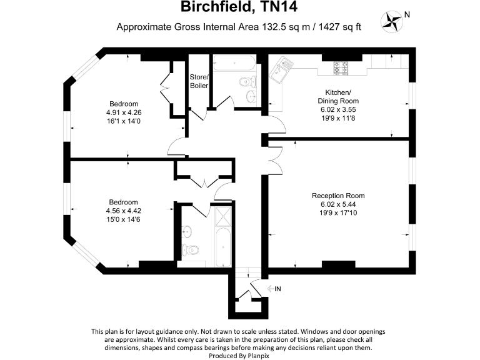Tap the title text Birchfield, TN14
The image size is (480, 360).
pyautogui.click(x=239, y=7)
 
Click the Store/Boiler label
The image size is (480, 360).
pyautogui.click(x=199, y=81)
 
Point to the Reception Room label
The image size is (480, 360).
pyautogui.click(x=338, y=196)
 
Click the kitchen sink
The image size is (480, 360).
pyautogui.click(x=281, y=70)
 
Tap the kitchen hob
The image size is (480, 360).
pyautogui.click(x=342, y=67)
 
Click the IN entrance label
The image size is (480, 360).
pyautogui.click(x=276, y=288)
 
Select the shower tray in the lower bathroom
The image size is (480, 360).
pyautogui.click(x=221, y=217)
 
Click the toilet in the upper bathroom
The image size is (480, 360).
pyautogui.click(x=248, y=81)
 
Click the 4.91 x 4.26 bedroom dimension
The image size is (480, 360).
pyautogui.click(x=124, y=112)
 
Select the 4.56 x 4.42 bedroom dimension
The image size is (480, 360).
pyautogui.click(x=124, y=211)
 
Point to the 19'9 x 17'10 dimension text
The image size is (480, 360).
pyautogui.click(x=338, y=213)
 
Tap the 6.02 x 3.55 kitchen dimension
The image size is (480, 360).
pyautogui.click(x=338, y=109)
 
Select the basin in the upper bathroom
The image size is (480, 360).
pyautogui.click(x=251, y=96)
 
